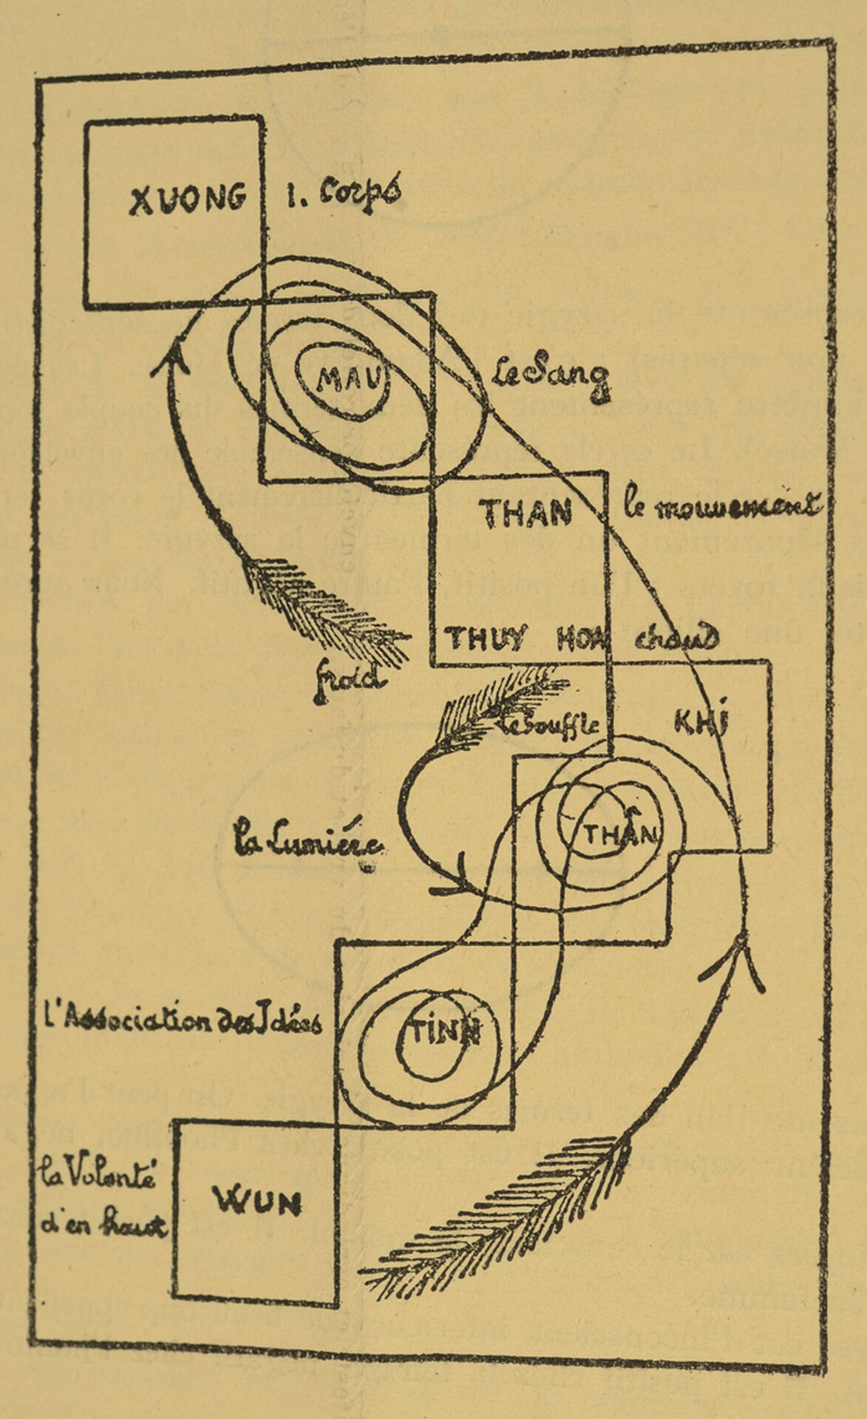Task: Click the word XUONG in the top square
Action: point(187,199)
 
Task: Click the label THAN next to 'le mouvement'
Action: point(526,512)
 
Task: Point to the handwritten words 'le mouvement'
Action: point(723,508)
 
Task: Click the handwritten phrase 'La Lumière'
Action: point(307,845)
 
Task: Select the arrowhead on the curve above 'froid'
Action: point(176,355)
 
